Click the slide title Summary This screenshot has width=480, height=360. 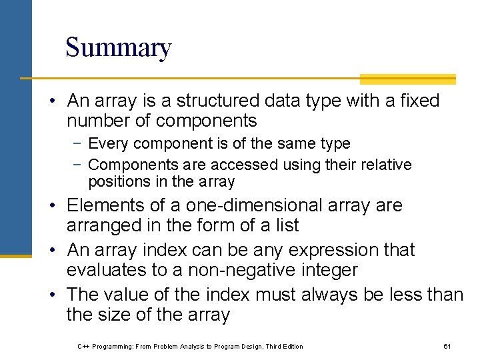click(118, 48)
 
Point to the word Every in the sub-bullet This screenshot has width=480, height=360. click(105, 143)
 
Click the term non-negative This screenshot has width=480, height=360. click(238, 270)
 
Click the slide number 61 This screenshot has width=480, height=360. click(447, 347)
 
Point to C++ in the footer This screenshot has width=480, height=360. click(83, 347)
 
